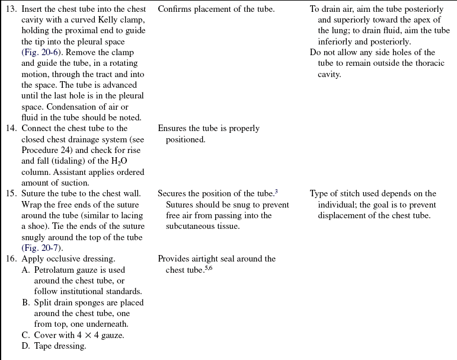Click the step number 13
tap(11, 9)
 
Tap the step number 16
tap(11, 259)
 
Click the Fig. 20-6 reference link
tap(43, 53)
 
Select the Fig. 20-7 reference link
tap(43, 248)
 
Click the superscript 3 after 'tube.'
tap(276, 192)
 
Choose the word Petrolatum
tap(57, 270)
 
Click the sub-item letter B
tap(26, 302)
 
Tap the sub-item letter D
tap(26, 346)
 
